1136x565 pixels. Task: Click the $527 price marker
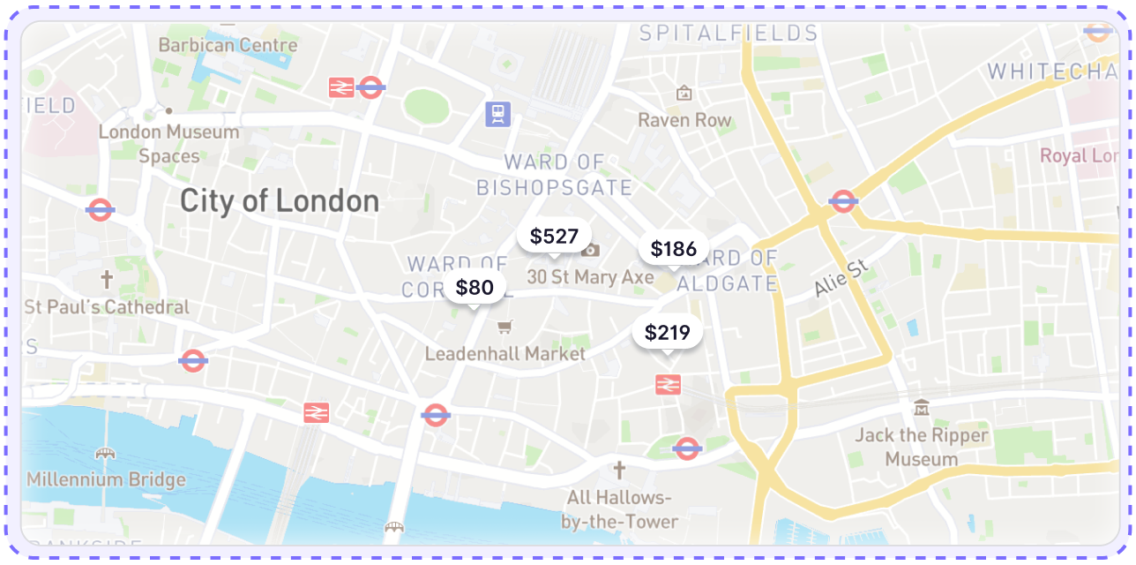pos(554,237)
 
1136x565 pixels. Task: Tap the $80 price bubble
pos(475,288)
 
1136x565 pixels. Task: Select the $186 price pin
pos(674,250)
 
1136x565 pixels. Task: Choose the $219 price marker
pos(668,333)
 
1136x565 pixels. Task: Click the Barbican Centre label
pos(228,45)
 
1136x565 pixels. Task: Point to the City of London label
pos(280,201)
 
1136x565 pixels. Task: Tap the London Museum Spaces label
pos(168,144)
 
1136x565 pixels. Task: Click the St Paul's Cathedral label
pos(107,307)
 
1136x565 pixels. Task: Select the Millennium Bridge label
pos(106,479)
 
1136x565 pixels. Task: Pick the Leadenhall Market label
pos(505,354)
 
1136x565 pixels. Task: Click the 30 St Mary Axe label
pos(591,277)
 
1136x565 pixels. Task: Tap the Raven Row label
pos(684,120)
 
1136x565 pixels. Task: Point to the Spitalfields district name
pos(729,34)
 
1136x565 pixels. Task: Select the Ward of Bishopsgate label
pos(555,175)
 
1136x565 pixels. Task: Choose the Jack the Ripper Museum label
pos(922,447)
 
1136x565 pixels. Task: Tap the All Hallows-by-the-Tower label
pos(620,509)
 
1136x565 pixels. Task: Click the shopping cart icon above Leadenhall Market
pos(504,328)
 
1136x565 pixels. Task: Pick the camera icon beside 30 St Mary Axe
pos(591,251)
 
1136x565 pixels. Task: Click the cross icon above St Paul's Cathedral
pos(107,281)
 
